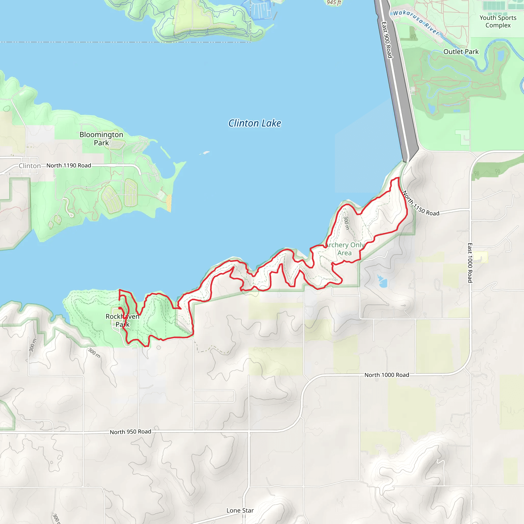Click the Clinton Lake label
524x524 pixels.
255,123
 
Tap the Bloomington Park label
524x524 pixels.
101,139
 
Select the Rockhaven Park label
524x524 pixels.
122,320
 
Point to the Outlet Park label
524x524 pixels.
461,52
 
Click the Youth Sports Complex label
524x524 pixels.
498,21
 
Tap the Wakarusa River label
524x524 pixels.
416,22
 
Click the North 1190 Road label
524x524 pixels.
69,166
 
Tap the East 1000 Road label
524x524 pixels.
470,263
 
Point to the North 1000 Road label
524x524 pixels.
387,375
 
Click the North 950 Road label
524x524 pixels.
130,432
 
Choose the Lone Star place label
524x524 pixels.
240,510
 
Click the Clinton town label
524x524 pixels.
30,166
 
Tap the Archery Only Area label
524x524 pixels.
344,249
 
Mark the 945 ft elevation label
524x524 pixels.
334,3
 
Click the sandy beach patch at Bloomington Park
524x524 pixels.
169,203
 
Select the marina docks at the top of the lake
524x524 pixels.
260,9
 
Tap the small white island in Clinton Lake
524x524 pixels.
206,152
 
